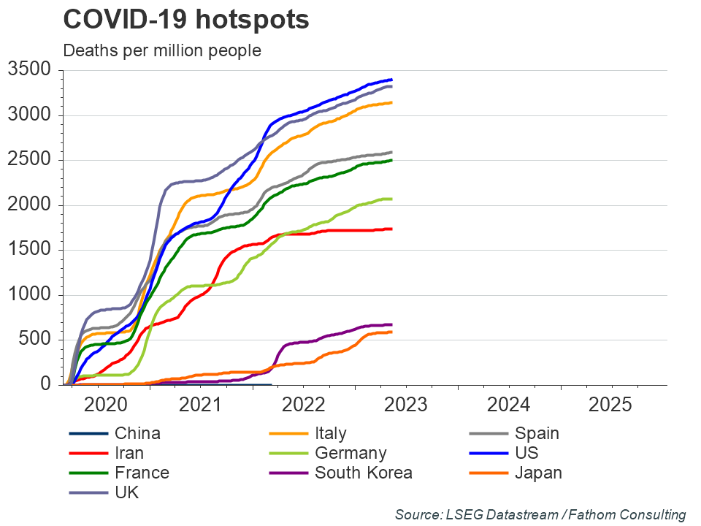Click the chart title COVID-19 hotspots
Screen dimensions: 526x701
pos(186,20)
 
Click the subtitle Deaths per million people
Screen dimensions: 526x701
pos(162,50)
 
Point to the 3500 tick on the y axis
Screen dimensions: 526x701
pos(29,70)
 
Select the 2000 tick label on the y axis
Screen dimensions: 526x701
pos(29,205)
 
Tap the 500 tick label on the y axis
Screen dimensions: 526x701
pos(35,340)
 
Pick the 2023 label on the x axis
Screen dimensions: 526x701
pos(405,405)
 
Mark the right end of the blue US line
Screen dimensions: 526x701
pos(392,79)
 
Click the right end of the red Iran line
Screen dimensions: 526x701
pos(392,229)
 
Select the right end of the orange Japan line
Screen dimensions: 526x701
pos(392,332)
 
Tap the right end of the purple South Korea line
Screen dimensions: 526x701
pos(392,324)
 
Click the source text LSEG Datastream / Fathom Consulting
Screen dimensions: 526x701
pos(540,514)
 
